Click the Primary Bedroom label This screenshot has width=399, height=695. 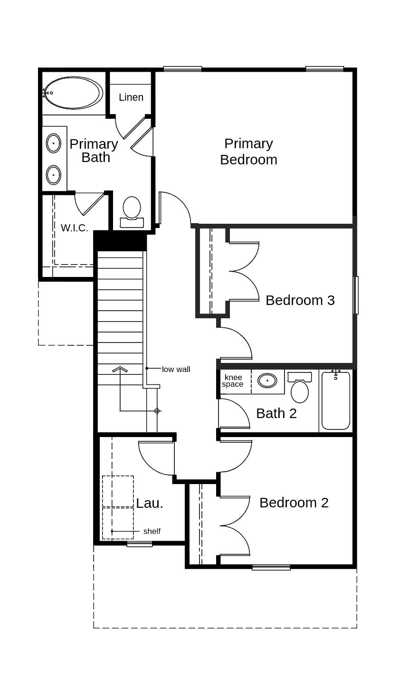pos(248,152)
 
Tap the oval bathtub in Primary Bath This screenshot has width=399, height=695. pos(73,93)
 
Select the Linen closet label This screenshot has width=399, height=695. pos(131,97)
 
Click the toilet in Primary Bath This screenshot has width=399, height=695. pos(132,210)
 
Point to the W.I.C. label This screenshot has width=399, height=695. pos(75,228)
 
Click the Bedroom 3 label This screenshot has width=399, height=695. pos(300,300)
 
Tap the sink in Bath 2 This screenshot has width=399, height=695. pos(267,381)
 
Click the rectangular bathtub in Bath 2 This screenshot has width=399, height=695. pos(336,401)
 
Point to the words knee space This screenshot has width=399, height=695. pos(233,381)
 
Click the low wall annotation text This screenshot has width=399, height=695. pos(176,369)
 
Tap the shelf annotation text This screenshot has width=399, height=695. pos(152,531)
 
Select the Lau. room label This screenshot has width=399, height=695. pos(150,504)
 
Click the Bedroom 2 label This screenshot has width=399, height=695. pos(294,503)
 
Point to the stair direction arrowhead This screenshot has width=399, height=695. pos(120,369)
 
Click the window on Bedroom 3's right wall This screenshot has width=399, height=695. pos(356,295)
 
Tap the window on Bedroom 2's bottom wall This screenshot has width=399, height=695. pos(271,567)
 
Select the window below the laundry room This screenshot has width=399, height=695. pos(140,544)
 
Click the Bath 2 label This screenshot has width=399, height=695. pos(276,413)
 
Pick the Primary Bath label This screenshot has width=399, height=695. pos(94,151)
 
